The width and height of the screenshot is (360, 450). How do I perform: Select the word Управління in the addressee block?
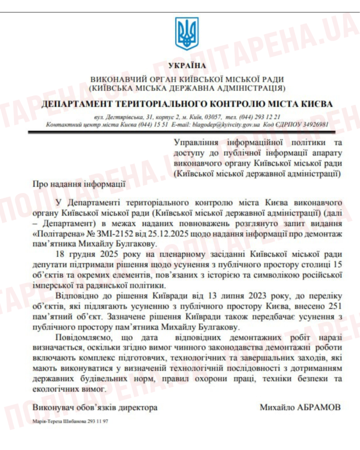tap(195, 143)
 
